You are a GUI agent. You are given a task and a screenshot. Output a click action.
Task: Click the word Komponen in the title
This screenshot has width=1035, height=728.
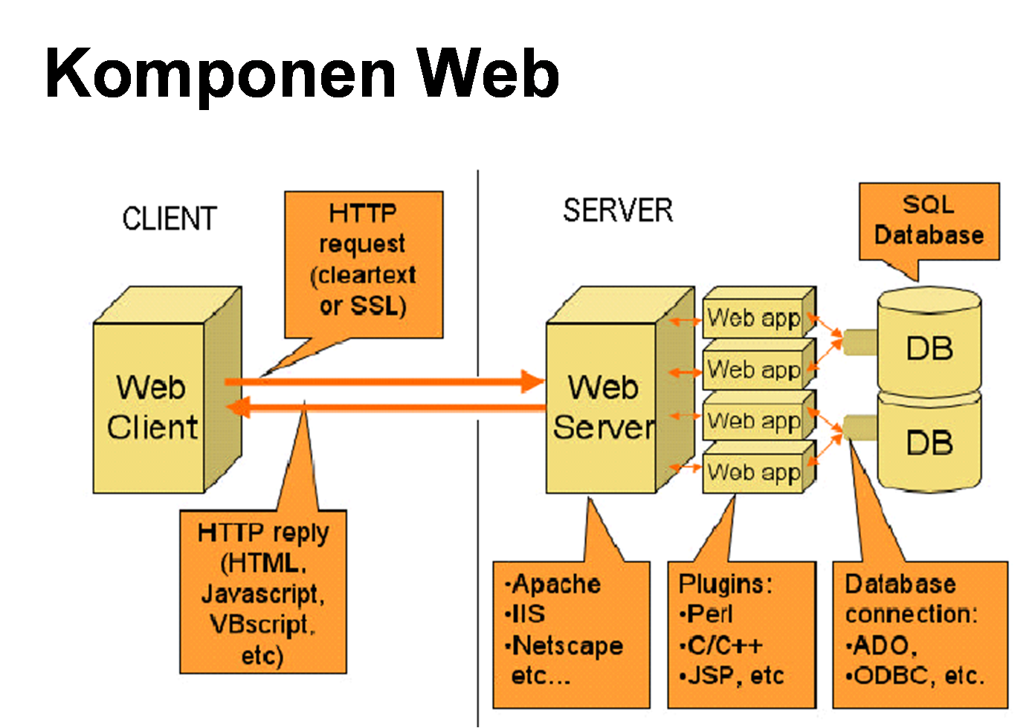point(220,74)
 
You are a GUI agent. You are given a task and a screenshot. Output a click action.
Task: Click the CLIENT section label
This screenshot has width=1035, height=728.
point(170,219)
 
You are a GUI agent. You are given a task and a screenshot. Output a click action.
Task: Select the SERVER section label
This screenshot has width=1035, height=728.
point(617,210)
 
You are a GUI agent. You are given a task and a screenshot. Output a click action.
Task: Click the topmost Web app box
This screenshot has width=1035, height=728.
point(754,318)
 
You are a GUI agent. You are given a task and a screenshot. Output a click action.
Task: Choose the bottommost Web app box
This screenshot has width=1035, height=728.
point(754,472)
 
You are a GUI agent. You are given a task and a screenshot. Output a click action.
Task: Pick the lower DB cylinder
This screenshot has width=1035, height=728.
point(929,443)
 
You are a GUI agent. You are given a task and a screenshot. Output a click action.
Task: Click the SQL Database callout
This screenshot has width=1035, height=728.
point(929,221)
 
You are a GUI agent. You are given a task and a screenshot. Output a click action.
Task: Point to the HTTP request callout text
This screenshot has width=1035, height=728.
point(364,259)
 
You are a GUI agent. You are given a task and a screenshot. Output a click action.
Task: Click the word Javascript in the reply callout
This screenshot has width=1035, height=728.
point(262,594)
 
